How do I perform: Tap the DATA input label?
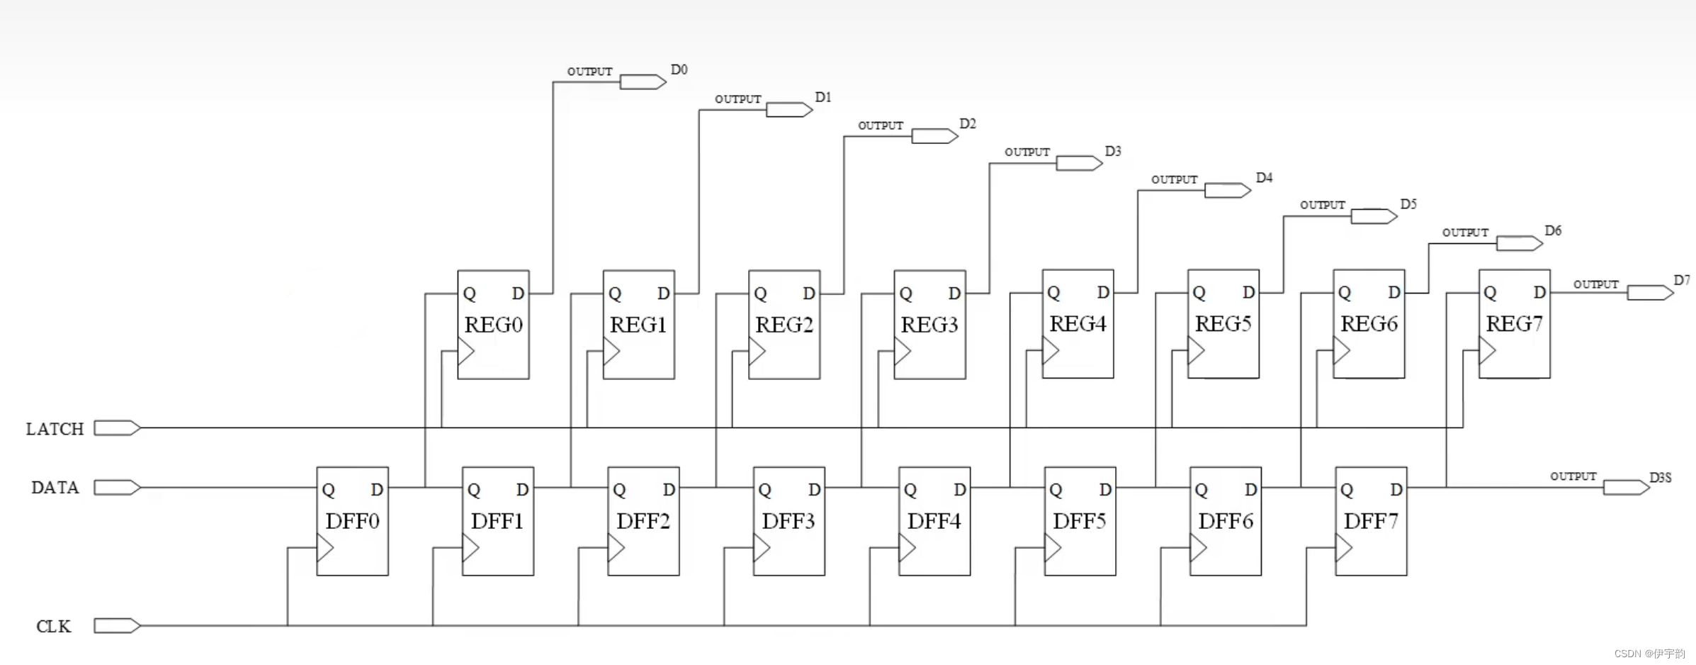55,488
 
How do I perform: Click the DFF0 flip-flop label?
352,521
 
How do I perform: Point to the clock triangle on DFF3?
762,548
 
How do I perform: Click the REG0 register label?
493,325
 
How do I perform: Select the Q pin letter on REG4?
1053,293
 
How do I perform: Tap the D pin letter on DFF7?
1396,490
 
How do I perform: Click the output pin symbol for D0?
643,82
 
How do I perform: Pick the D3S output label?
1660,478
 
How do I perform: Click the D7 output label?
1682,280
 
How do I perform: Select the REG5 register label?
1223,324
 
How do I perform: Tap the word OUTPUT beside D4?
1174,180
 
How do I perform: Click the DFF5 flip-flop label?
1079,521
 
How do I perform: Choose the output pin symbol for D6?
1519,244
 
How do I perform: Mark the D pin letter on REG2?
808,294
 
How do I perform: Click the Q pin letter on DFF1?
474,490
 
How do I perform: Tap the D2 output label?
967,124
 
